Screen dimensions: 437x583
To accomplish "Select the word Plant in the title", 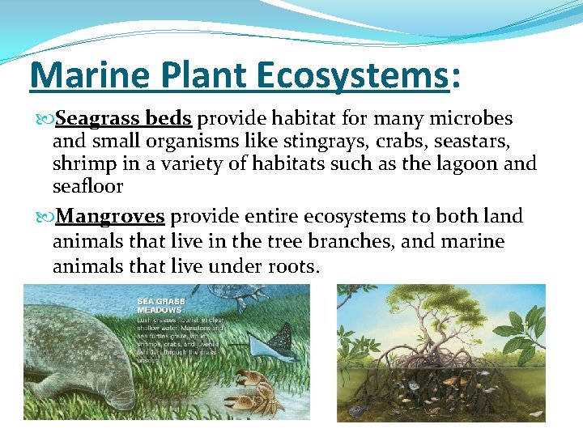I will pos(197,75).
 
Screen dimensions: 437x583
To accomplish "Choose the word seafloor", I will pos(87,186).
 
